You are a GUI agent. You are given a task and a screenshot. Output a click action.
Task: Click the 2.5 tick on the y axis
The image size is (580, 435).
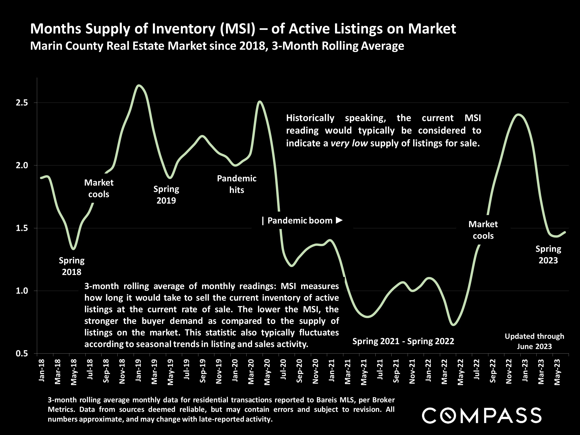22,103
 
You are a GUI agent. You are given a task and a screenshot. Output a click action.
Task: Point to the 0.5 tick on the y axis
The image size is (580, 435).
22,354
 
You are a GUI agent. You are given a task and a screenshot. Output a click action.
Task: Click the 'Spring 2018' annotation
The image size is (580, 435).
72,266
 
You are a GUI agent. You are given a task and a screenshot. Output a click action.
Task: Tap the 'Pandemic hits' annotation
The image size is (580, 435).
236,184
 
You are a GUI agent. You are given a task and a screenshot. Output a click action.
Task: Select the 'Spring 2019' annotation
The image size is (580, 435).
166,195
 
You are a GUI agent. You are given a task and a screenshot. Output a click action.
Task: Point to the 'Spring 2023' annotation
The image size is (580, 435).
548,254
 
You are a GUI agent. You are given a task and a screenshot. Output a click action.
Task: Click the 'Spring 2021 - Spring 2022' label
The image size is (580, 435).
403,341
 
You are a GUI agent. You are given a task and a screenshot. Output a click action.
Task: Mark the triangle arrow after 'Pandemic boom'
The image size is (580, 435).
339,220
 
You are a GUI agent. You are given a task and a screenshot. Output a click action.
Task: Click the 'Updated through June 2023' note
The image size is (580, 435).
534,341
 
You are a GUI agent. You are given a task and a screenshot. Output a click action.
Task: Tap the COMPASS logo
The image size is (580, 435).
481,415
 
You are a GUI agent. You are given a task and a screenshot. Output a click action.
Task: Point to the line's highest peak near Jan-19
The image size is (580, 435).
139,85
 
